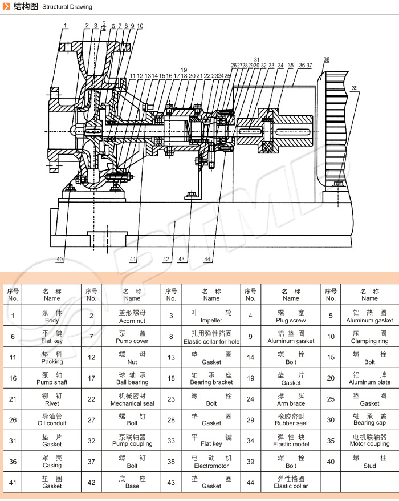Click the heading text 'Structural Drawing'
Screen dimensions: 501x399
pyautogui.click(x=67, y=7)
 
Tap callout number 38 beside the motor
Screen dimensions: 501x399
pyautogui.click(x=326, y=60)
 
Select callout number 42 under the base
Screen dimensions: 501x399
pyautogui.click(x=166, y=260)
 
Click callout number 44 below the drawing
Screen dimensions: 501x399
pyautogui.click(x=207, y=260)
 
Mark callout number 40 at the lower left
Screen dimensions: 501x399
pyautogui.click(x=60, y=260)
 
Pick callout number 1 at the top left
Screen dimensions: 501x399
pyautogui.click(x=66, y=26)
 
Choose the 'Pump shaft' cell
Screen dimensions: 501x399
pyautogui.click(x=52, y=378)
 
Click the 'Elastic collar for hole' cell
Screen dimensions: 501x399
pyautogui.click(x=211, y=337)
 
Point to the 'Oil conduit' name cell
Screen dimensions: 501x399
pyautogui.click(x=52, y=420)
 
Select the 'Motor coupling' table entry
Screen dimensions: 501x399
pyautogui.click(x=369, y=441)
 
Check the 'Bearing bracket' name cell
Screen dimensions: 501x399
pyautogui.click(x=211, y=378)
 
